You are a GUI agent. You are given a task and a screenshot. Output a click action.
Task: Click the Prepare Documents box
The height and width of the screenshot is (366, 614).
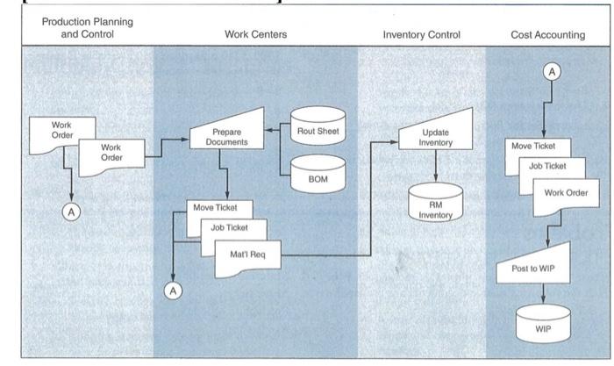click(x=226, y=138)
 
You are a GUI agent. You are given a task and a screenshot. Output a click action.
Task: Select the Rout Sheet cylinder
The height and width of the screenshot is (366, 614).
click(x=318, y=131)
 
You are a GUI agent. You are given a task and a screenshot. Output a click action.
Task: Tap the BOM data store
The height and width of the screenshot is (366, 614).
click(x=318, y=176)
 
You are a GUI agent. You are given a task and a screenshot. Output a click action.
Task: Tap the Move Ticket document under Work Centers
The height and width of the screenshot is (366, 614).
click(x=216, y=209)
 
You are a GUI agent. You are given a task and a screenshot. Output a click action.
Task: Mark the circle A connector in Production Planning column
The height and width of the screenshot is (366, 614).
click(x=68, y=211)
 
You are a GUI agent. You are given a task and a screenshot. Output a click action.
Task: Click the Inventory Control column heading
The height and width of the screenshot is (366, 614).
click(x=421, y=35)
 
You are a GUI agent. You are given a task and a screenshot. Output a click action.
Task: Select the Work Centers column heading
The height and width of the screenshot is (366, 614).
click(x=255, y=35)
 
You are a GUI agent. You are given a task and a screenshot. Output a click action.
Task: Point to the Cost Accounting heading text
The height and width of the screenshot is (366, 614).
click(x=547, y=35)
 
